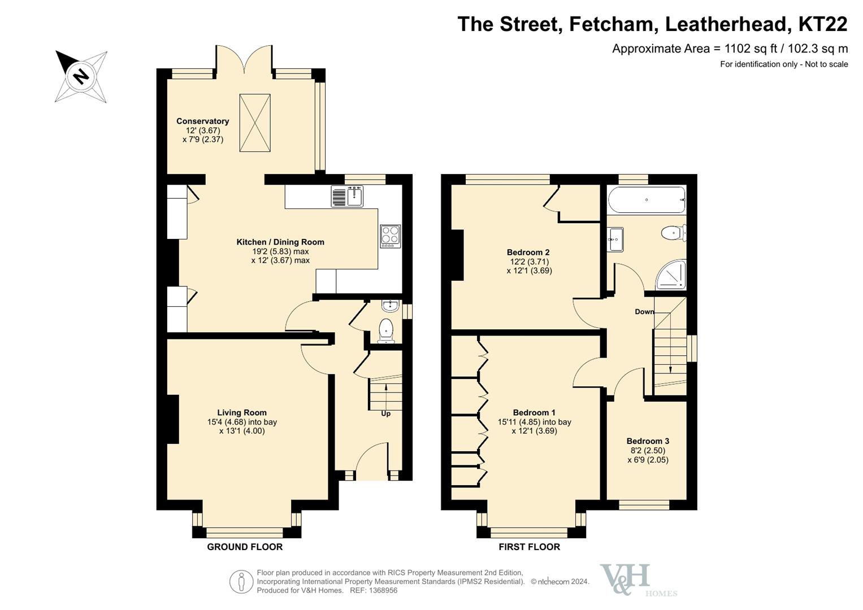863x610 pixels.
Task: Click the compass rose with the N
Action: click(81, 76)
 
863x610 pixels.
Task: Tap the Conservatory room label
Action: click(203, 121)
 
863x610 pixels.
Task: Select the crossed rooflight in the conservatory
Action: click(255, 123)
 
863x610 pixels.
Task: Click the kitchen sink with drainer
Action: click(347, 196)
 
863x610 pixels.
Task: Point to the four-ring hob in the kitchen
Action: click(391, 236)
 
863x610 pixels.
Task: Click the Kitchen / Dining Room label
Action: click(280, 242)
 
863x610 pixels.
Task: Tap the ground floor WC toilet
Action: click(385, 330)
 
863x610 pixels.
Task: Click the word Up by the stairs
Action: click(385, 413)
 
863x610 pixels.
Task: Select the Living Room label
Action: click(242, 412)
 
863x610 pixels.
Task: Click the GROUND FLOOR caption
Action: click(245, 547)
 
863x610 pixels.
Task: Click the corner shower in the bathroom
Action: click(671, 275)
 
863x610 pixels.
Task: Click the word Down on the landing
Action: click(644, 312)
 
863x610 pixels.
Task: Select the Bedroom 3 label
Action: click(648, 441)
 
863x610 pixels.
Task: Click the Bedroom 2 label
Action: click(528, 252)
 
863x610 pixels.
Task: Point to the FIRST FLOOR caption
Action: click(530, 547)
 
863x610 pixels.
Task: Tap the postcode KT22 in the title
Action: click(823, 24)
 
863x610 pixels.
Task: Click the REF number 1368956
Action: click(383, 590)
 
